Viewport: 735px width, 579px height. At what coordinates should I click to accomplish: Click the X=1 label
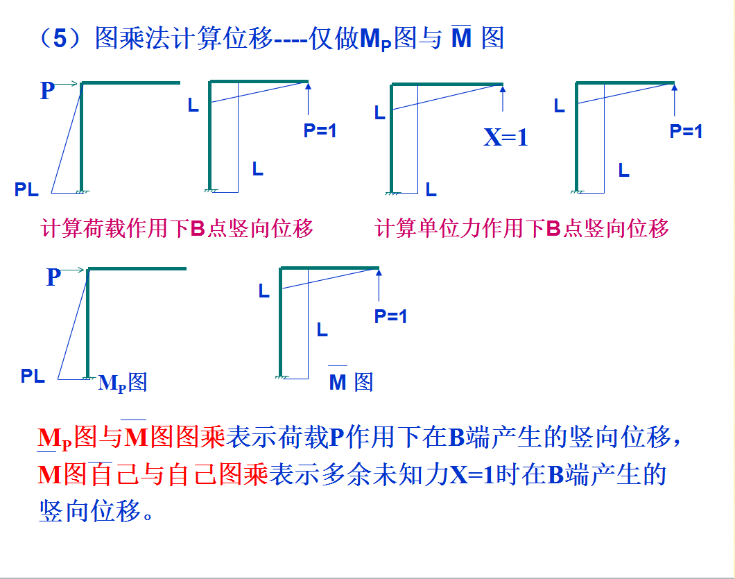point(505,137)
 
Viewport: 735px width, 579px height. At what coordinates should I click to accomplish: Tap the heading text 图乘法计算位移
point(183,39)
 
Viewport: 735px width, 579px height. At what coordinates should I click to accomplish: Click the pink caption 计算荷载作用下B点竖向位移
point(178,228)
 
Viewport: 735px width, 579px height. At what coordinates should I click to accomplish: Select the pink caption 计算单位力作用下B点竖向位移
point(521,228)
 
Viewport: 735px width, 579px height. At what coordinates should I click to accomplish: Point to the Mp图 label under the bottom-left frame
point(123,382)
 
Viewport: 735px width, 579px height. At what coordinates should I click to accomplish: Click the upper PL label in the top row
point(27,189)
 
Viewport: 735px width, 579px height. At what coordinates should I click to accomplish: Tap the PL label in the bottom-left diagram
point(33,377)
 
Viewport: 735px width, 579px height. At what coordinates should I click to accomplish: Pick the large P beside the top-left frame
point(47,91)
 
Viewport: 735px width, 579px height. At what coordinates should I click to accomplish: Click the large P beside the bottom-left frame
point(54,277)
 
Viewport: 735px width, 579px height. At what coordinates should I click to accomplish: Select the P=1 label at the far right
point(686,131)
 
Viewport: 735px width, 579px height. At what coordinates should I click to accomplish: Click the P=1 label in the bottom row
point(391,317)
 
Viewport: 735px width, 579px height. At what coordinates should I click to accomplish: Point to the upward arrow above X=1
point(503,97)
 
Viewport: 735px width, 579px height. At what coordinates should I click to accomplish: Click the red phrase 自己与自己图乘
point(179,475)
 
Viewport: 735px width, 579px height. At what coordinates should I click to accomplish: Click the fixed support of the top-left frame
point(82,190)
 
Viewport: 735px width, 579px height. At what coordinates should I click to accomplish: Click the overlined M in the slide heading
point(461,37)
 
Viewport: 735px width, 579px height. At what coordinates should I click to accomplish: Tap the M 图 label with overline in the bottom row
point(351,381)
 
